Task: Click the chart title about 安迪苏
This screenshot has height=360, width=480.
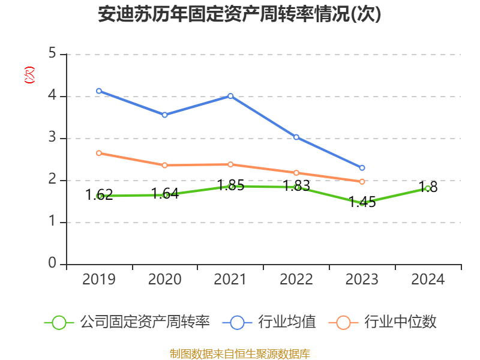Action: pos(239,15)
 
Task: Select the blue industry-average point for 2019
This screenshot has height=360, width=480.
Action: pos(99,91)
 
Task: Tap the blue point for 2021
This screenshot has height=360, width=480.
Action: pos(230,96)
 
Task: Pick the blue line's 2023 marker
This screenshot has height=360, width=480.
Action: pos(362,167)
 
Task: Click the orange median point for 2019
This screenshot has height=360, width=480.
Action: pos(99,153)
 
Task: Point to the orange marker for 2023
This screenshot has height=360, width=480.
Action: pos(362,181)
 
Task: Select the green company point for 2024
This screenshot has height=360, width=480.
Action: pos(427,188)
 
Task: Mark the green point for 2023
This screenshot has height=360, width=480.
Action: pos(362,203)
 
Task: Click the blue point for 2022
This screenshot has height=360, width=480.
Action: pos(296,137)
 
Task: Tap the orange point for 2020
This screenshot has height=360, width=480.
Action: pos(165,165)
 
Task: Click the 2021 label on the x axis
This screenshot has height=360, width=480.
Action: pos(230,280)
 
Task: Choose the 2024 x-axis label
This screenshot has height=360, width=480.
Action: pos(427,280)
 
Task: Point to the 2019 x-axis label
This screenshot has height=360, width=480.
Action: pos(99,280)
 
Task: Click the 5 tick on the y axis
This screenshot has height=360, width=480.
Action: pos(52,54)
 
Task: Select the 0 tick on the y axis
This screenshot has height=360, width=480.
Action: pos(52,264)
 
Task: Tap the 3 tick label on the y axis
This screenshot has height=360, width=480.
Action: pos(52,138)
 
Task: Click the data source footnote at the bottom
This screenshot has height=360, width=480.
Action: pos(239,353)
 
